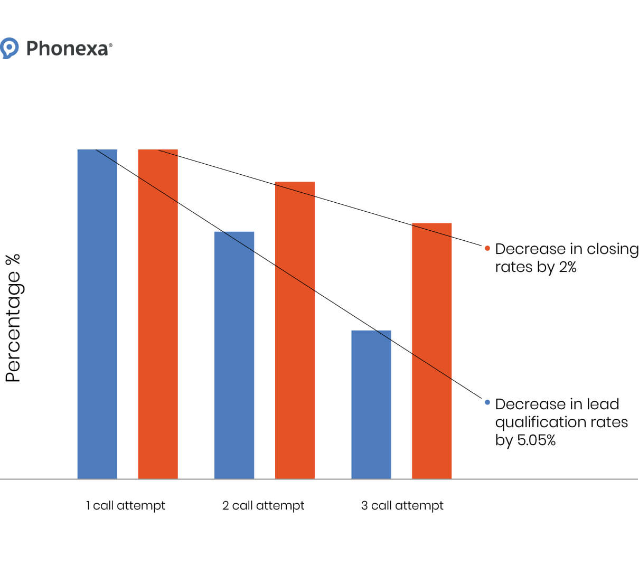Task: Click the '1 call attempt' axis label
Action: pos(126,505)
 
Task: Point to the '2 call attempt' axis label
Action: pos(263,505)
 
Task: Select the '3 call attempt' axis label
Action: pos(402,505)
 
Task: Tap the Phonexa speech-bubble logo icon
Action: pos(9,48)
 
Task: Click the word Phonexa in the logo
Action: pos(68,49)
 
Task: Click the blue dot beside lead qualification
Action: pos(487,402)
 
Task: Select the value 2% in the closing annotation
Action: pos(567,267)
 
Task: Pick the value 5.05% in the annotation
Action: pos(535,440)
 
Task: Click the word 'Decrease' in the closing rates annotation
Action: pos(522,249)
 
